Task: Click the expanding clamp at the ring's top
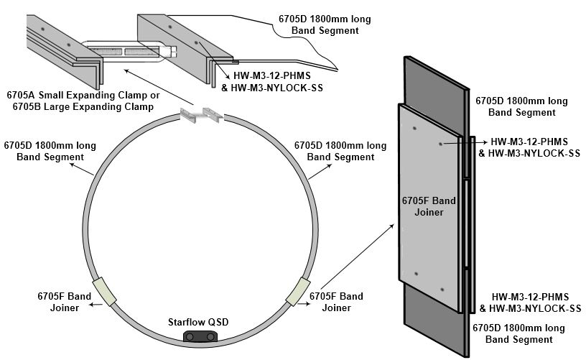(203, 114)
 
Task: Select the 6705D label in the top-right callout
(325, 25)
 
